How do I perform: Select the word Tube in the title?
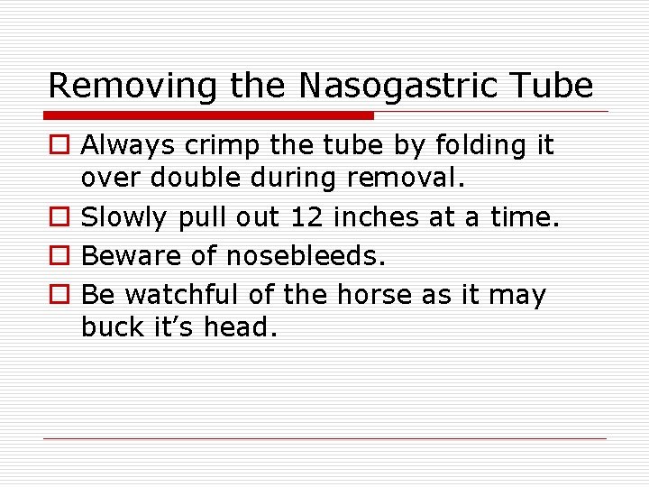(x=549, y=86)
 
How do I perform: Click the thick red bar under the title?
(x=209, y=115)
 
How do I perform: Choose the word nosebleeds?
(x=305, y=256)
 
